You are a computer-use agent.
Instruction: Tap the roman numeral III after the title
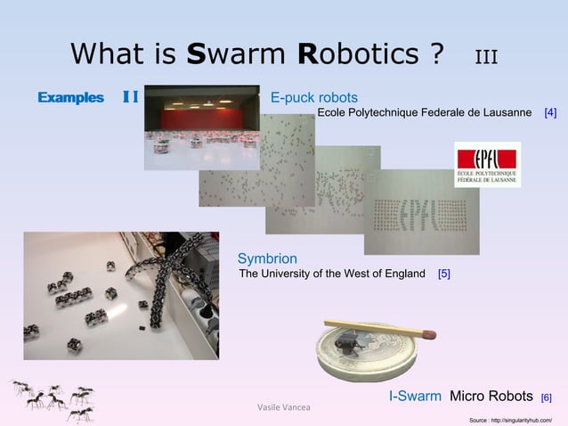click(485, 58)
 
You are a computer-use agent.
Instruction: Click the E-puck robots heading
click(314, 96)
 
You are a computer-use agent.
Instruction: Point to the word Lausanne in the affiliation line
click(503, 113)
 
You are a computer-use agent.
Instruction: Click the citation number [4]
click(550, 113)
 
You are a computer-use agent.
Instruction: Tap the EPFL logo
click(487, 165)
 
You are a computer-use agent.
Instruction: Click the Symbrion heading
click(267, 258)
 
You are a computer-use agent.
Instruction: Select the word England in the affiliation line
click(402, 273)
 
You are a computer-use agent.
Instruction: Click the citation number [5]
click(443, 273)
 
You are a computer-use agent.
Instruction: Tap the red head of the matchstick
click(429, 334)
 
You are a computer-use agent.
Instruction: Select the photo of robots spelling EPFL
click(421, 212)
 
